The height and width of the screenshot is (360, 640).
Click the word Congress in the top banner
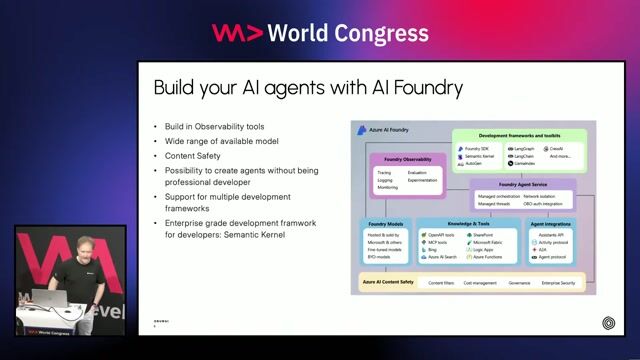point(380,32)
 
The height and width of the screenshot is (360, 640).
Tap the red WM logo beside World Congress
point(237,32)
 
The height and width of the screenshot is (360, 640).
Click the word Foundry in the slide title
point(421,88)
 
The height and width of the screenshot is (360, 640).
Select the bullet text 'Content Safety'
point(194,155)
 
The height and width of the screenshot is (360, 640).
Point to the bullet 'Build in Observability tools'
point(214,127)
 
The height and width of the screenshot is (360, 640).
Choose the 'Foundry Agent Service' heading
point(523,184)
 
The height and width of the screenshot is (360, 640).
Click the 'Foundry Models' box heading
point(386,223)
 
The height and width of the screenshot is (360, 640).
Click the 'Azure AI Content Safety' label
point(387,283)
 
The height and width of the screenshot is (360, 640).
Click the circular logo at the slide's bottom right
point(609,322)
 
